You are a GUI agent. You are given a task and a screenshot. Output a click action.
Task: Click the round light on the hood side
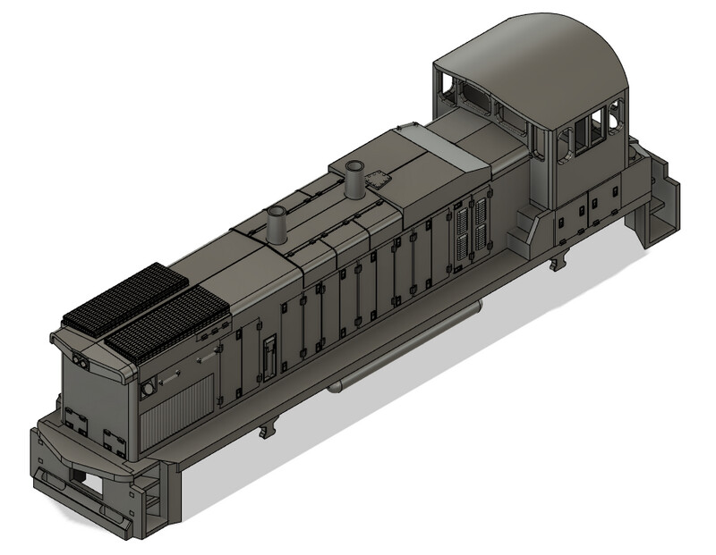148,390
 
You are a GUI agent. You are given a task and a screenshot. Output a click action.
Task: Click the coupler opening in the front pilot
84,480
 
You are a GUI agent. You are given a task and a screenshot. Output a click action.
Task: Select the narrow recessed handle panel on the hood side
268,357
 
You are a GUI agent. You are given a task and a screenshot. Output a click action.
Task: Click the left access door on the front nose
74,420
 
